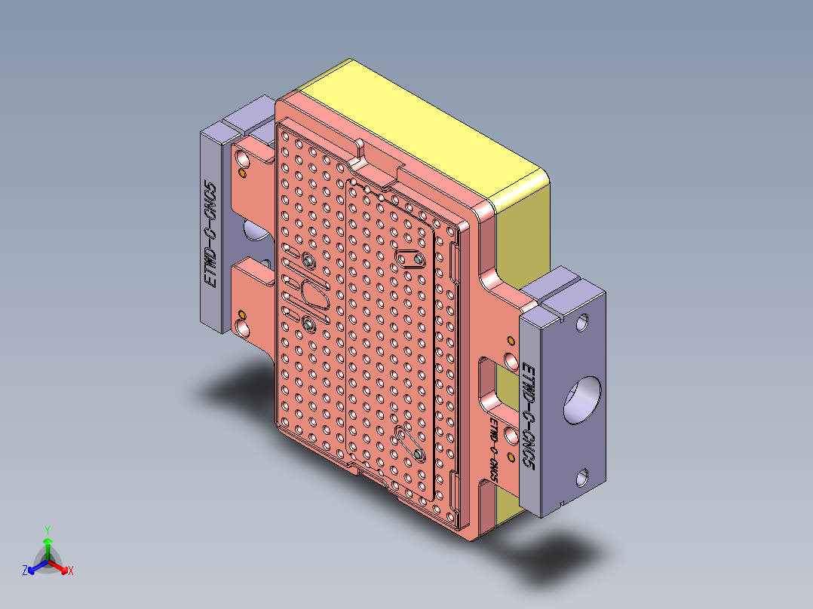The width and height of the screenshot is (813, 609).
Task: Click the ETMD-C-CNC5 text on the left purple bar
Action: [212, 234]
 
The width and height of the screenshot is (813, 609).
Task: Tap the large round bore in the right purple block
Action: [583, 399]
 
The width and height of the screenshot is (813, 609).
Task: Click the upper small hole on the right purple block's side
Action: [582, 323]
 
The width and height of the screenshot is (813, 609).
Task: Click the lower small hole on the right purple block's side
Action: [582, 477]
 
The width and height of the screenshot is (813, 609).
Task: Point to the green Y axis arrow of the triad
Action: [47, 544]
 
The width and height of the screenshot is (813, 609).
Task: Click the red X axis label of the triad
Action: [70, 571]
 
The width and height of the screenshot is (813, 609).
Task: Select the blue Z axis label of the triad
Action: [25, 571]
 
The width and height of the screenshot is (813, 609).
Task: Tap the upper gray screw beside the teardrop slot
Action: [310, 261]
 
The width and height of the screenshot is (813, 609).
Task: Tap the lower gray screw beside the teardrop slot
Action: [308, 324]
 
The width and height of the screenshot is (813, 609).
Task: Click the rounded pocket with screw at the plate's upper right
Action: [411, 259]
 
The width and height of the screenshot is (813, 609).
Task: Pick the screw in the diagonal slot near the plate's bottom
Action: [418, 454]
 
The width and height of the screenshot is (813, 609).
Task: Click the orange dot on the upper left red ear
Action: [242, 173]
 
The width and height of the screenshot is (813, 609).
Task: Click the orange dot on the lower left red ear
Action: [242, 314]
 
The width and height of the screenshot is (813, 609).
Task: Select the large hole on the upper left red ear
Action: [243, 159]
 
